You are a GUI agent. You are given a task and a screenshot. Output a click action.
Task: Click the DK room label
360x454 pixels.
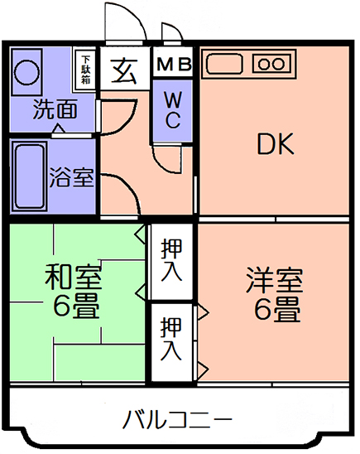[276, 143]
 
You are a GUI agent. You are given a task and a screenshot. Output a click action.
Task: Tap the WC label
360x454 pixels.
[173, 109]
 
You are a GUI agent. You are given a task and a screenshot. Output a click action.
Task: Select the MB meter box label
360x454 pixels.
[174, 64]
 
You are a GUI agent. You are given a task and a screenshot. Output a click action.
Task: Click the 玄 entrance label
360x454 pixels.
[124, 70]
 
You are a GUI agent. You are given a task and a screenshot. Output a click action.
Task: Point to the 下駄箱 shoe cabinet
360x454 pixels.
[85, 70]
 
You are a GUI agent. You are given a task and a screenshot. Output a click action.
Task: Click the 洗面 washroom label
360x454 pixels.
[55, 109]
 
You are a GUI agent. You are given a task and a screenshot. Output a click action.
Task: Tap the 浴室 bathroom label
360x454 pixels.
[71, 177]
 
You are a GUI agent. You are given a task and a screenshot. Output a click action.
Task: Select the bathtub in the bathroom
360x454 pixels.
[29, 176]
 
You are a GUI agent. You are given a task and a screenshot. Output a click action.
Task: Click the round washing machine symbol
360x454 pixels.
[26, 72]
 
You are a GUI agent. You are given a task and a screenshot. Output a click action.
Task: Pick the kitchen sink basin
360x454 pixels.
[224, 64]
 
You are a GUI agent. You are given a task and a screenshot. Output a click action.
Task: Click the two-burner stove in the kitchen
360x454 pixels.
[271, 64]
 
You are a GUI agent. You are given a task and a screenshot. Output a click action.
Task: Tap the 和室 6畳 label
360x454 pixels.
[74, 292]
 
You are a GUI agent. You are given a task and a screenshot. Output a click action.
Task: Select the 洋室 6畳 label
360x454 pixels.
[275, 295]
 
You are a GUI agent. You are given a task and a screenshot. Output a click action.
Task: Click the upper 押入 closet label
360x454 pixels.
[171, 260]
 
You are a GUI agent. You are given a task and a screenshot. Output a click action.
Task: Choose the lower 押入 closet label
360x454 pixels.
[171, 339]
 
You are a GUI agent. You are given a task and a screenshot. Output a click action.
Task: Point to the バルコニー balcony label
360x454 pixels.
[177, 419]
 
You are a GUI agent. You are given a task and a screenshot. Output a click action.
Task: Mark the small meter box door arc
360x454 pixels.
[174, 27]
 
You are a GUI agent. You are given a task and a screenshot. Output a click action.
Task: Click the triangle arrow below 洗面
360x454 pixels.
[59, 128]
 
